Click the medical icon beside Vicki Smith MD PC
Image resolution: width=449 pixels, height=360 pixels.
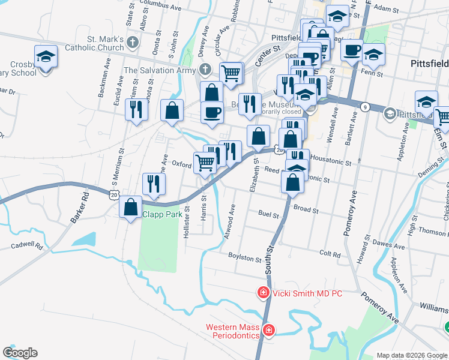click(x=263, y=293)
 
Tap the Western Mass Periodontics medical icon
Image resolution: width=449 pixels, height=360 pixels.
click(x=268, y=330)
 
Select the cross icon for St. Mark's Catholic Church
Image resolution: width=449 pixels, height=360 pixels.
click(x=133, y=43)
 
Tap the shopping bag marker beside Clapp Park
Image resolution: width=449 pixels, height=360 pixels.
click(x=131, y=208)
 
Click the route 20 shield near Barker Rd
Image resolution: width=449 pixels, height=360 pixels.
click(x=114, y=194)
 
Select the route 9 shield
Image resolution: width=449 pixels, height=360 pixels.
click(x=365, y=107)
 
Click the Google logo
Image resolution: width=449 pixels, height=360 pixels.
click(x=20, y=353)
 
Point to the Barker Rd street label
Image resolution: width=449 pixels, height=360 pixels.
click(x=79, y=208)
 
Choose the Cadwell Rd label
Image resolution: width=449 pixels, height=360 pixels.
click(x=27, y=246)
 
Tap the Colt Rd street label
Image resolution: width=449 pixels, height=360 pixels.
click(x=330, y=254)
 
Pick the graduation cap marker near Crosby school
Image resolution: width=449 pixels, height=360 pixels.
click(x=46, y=57)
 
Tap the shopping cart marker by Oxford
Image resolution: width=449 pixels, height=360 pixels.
click(x=205, y=163)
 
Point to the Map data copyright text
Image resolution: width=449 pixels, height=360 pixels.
click(x=412, y=355)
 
